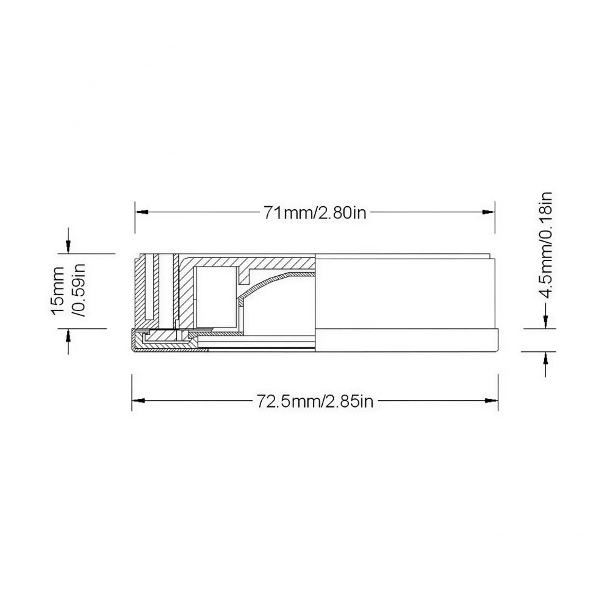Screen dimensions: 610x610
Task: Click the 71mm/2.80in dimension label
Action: [315, 213]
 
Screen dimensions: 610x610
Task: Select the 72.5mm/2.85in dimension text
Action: [315, 401]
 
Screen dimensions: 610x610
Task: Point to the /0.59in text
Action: [79, 290]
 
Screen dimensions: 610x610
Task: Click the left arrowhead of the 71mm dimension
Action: [142, 212]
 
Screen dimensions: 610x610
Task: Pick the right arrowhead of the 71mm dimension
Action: [488, 212]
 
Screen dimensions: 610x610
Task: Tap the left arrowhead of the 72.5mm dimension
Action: [138, 400]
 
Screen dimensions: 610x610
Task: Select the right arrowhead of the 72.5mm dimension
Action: [492, 400]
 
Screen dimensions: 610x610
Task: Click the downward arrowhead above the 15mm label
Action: [68, 246]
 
